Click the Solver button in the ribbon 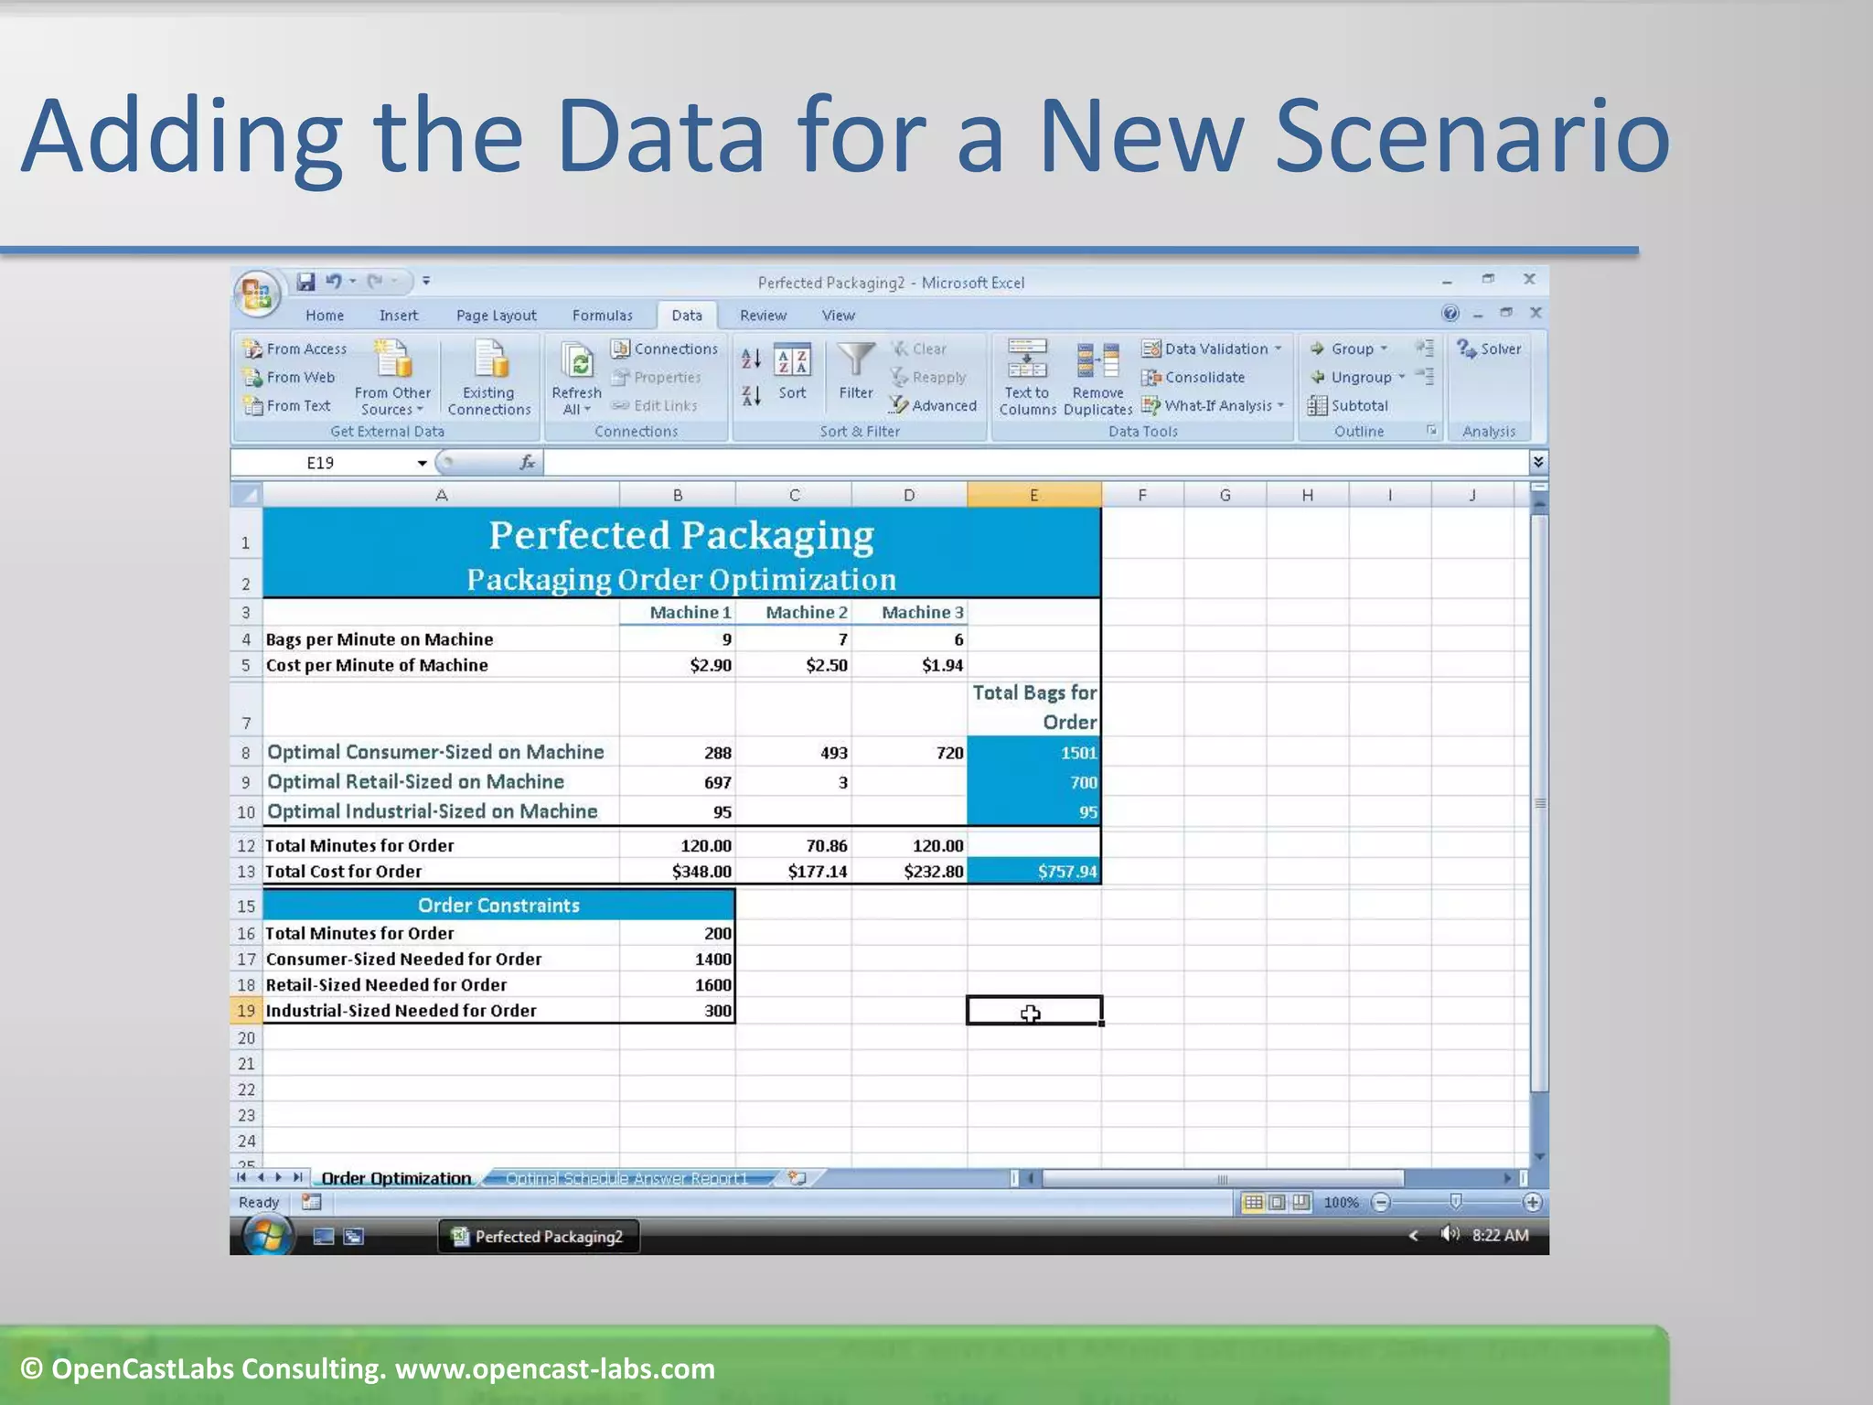point(1490,349)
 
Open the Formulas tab point(602,316)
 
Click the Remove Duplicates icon point(1097,362)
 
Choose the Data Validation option point(1214,349)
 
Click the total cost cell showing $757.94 point(1034,871)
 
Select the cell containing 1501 point(1034,753)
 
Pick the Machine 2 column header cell point(794,612)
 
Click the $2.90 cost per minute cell point(678,665)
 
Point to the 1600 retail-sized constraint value point(678,984)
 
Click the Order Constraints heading point(498,905)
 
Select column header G point(1225,495)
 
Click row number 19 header point(245,1011)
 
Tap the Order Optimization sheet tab point(396,1178)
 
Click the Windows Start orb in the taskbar point(267,1236)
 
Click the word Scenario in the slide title point(1472,137)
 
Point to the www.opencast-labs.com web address point(554,1368)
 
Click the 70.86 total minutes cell point(794,845)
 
